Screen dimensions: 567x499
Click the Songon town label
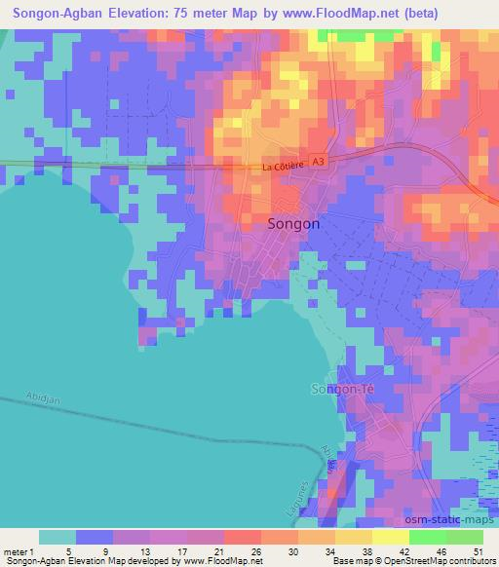[x=292, y=223]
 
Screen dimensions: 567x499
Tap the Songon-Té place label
[x=341, y=390]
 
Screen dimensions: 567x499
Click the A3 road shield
[x=318, y=165]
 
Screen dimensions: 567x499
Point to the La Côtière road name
[x=284, y=168]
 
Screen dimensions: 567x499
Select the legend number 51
[x=478, y=551]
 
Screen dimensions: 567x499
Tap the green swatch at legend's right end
[x=464, y=537]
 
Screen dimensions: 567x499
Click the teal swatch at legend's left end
[x=58, y=537]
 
